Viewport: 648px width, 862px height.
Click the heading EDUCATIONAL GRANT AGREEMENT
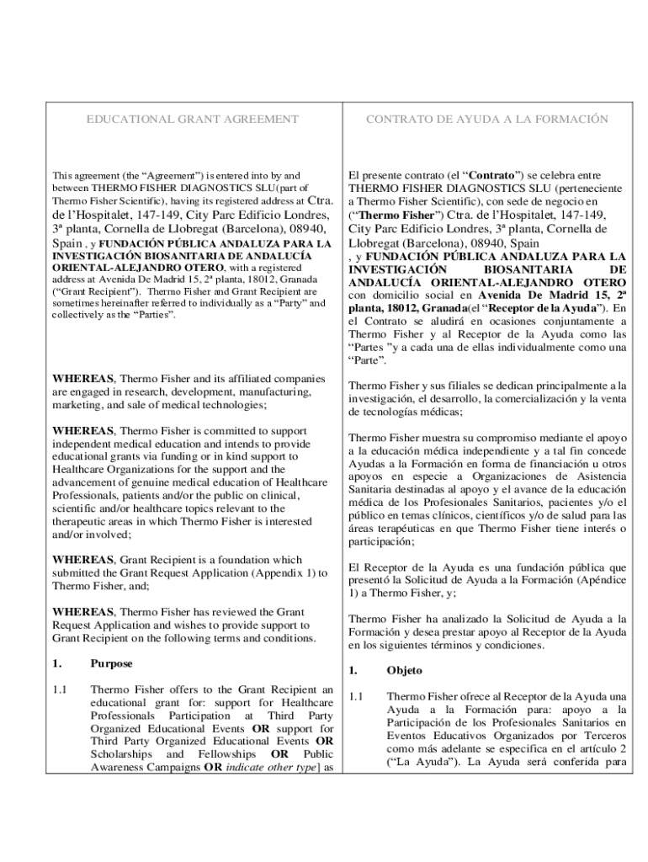(x=193, y=120)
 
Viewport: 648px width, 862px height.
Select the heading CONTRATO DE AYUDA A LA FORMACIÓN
(x=486, y=120)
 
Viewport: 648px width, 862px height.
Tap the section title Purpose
(x=111, y=663)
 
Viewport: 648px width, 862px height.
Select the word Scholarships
(x=121, y=754)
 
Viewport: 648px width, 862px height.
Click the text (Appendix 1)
(x=291, y=572)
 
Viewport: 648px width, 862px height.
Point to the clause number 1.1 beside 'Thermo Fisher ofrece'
(x=356, y=696)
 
